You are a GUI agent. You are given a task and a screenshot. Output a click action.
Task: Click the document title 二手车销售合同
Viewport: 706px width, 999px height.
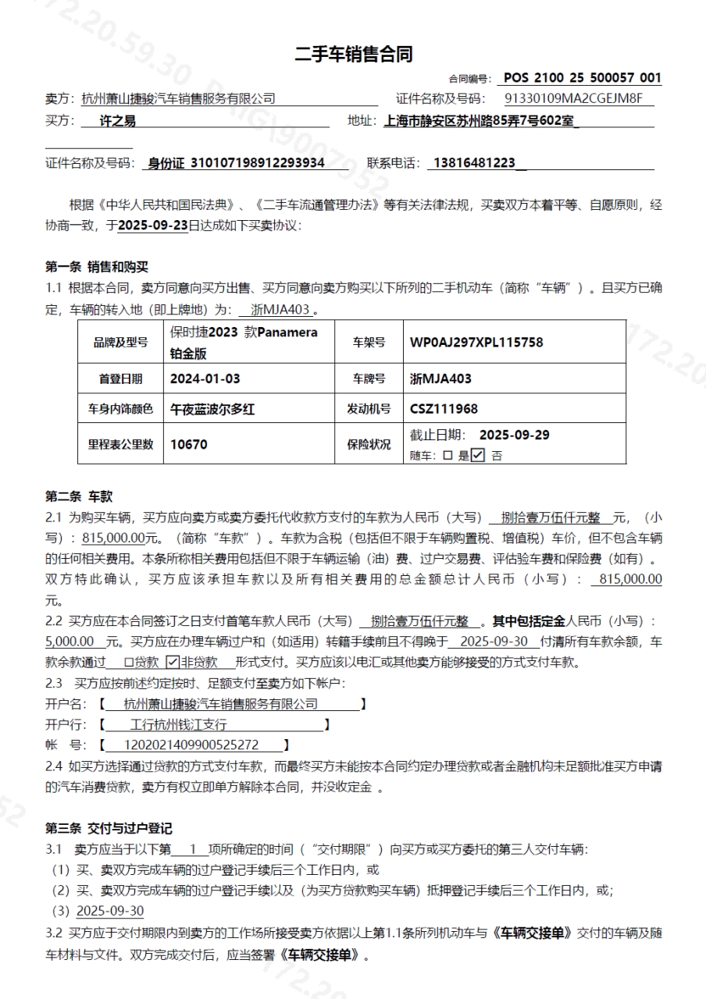point(353,54)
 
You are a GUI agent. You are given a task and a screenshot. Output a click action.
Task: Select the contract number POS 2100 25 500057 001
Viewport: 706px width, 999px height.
point(583,78)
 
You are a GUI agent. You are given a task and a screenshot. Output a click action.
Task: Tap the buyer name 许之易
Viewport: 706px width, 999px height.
point(118,121)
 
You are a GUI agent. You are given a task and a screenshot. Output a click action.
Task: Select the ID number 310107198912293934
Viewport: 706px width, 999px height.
point(257,163)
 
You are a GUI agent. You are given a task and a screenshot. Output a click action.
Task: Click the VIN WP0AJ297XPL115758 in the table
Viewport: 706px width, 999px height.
point(476,342)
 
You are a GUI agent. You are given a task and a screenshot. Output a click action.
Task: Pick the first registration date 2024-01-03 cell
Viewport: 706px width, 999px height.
point(205,379)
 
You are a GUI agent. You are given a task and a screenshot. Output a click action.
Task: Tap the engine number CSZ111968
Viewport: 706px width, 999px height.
point(444,408)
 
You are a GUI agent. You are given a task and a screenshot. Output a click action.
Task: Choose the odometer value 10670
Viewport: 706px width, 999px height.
point(189,444)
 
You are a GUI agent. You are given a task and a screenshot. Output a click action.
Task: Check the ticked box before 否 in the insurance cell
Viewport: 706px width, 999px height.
point(478,455)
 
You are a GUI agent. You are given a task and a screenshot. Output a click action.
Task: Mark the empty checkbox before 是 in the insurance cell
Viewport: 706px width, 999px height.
point(447,456)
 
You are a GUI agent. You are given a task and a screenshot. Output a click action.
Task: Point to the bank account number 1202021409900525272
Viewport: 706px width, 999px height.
point(192,745)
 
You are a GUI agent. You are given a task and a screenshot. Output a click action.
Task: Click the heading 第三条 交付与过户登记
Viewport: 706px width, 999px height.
point(109,828)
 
